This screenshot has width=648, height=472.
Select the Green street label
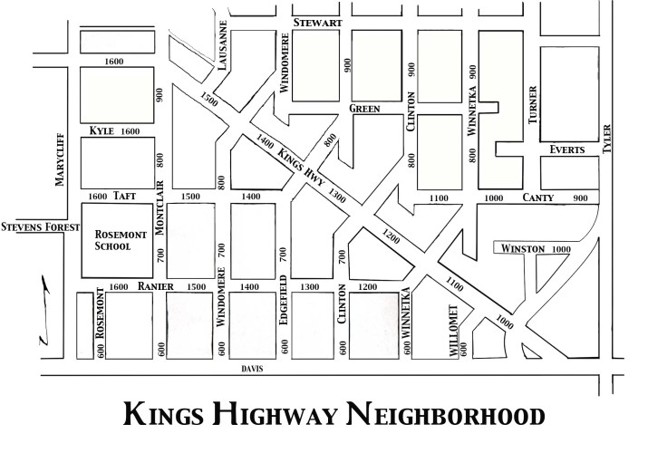click(x=363, y=109)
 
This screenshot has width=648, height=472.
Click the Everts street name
click(x=567, y=149)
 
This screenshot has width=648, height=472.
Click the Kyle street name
click(x=102, y=131)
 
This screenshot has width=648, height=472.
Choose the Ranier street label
click(x=155, y=286)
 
